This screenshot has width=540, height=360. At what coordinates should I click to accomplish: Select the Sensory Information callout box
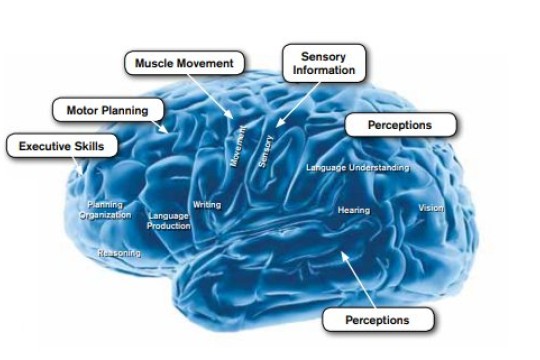[x=323, y=63]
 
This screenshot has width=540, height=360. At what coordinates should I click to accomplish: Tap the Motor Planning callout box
[x=106, y=109]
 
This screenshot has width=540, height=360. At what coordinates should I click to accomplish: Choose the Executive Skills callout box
[x=61, y=146]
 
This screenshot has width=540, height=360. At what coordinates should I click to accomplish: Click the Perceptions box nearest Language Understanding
[x=400, y=125]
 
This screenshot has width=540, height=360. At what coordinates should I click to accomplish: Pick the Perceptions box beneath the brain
[x=377, y=320]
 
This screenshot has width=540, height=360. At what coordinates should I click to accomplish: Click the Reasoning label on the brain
[x=118, y=253]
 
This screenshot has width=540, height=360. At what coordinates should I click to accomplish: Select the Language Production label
[x=168, y=220]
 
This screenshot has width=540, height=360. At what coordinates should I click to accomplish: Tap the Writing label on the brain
[x=206, y=205]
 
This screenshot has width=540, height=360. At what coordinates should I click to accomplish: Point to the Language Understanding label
[x=357, y=167]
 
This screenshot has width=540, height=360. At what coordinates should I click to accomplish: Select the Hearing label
[x=353, y=210]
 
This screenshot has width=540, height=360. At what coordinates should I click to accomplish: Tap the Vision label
[x=431, y=208]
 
